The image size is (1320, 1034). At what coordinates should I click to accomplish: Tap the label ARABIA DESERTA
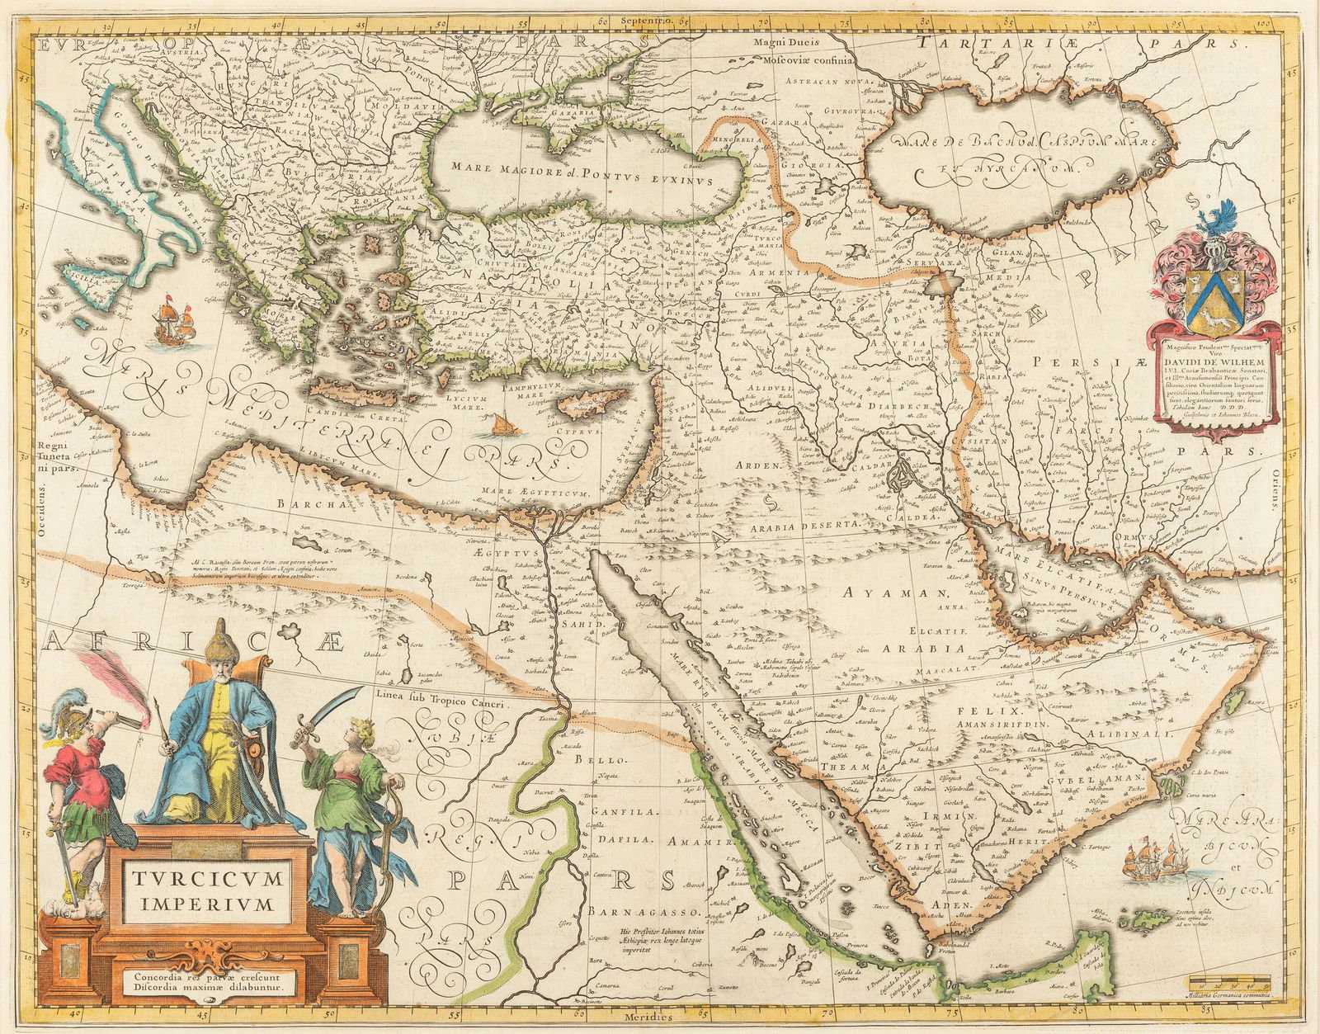point(813,524)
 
